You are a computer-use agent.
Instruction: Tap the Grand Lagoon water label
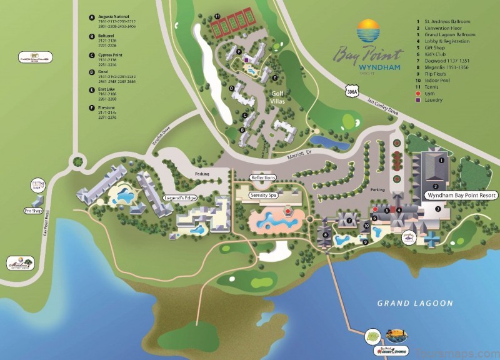415,303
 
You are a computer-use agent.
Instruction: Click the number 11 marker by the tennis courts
217,15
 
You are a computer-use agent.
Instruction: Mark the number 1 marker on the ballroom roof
441,160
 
